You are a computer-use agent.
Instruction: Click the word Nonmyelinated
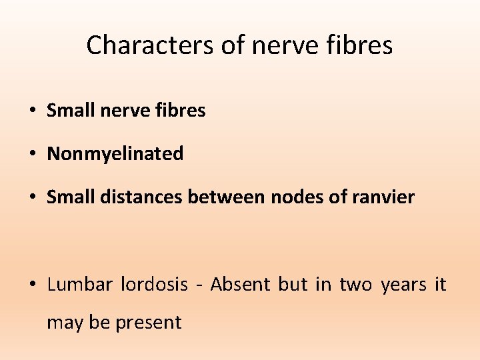115,154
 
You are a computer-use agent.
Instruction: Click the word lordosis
155,285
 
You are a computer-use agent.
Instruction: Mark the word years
403,285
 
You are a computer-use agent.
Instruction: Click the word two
355,285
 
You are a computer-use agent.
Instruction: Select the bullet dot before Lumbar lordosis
33,285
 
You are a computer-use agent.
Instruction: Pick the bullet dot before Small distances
33,198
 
